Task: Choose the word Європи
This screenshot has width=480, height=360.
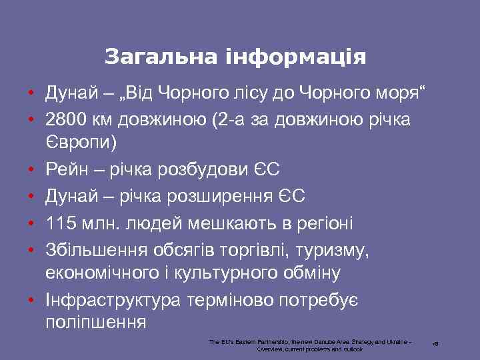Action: pos(80,142)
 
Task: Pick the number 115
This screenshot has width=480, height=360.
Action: pos(59,222)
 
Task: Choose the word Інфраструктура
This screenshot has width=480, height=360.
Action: pos(113,300)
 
